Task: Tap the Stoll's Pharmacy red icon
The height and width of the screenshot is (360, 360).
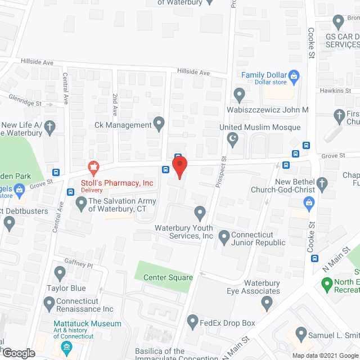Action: pyautogui.click(x=93, y=167)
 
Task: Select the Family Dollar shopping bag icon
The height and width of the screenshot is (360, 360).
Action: pyautogui.click(x=294, y=75)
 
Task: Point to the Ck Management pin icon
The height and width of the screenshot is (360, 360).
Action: pyautogui.click(x=159, y=123)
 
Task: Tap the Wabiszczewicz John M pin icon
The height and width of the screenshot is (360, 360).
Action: pyautogui.click(x=239, y=94)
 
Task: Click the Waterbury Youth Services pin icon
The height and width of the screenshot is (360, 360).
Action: pyautogui.click(x=200, y=213)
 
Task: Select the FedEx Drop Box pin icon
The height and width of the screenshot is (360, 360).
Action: pyautogui.click(x=192, y=323)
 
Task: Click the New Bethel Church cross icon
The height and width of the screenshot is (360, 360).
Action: pyautogui.click(x=322, y=183)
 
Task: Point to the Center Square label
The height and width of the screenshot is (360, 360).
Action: pyautogui.click(x=168, y=277)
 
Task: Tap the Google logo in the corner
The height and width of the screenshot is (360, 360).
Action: pyautogui.click(x=19, y=353)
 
